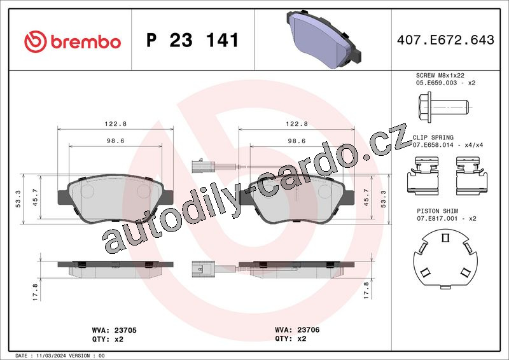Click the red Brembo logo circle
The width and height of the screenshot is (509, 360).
point(36,41)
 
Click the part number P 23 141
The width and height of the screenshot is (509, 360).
point(193,40)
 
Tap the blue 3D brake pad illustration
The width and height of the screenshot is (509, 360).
point(324,39)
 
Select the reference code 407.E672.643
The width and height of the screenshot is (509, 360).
point(445,40)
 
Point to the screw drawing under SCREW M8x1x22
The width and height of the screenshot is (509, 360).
point(443,107)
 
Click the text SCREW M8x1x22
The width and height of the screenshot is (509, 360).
point(440,75)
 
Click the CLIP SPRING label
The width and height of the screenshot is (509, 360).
point(433,137)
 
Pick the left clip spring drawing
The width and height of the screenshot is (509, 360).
point(422,176)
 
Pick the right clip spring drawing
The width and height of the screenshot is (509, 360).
point(471,176)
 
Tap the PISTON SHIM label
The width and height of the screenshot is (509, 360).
point(437,211)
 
